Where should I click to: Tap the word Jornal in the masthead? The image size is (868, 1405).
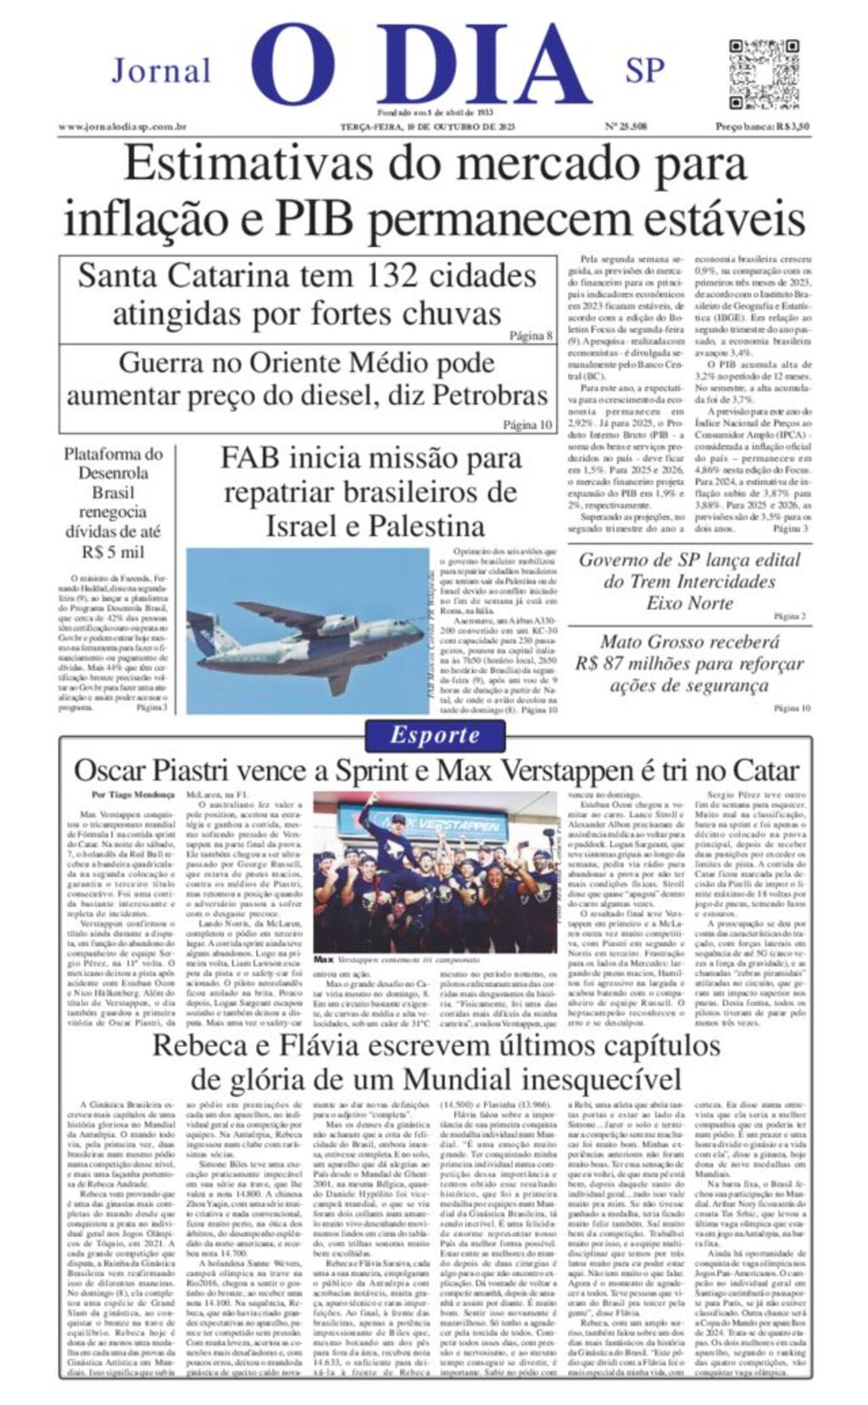point(161,71)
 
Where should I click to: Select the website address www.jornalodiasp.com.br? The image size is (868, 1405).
point(122,127)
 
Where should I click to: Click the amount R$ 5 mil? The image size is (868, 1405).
point(114,552)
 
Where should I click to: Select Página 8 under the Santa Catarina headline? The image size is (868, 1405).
point(531,335)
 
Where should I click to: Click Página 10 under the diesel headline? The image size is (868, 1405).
point(527,424)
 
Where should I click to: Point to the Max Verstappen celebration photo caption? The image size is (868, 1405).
point(398,960)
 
